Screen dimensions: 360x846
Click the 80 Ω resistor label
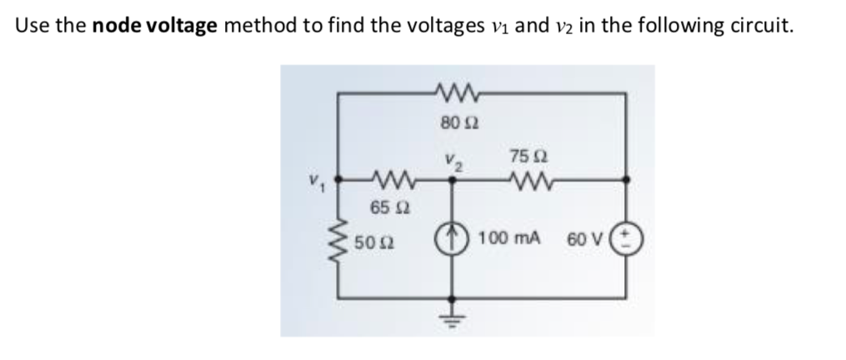453,123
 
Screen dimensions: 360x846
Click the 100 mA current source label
509,239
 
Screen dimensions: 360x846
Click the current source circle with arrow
454,239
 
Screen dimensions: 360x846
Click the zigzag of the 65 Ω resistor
384,179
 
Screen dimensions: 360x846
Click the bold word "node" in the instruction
117,25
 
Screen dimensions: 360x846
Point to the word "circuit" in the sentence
758,25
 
